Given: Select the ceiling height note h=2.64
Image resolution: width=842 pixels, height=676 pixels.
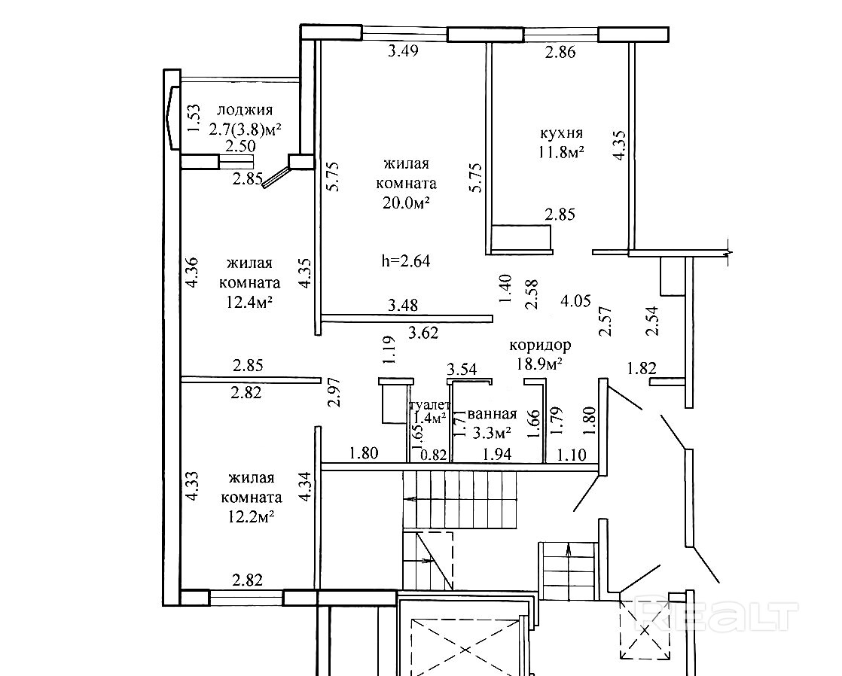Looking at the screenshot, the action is [x=406, y=260].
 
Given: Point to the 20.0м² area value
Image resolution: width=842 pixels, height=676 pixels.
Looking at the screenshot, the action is [x=406, y=202].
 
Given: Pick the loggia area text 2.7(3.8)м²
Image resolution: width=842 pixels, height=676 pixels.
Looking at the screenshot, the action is [x=244, y=129].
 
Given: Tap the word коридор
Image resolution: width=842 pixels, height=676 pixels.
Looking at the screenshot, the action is [x=540, y=345].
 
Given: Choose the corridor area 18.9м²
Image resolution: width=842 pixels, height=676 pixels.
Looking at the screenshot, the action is [x=540, y=363].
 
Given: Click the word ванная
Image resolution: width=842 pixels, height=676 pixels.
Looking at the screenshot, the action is [x=492, y=414].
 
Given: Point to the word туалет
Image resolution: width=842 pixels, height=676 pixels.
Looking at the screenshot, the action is [x=430, y=406].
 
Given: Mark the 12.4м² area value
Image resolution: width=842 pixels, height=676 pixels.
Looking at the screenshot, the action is [x=250, y=302].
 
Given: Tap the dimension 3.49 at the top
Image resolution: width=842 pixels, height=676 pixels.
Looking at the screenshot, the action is [x=403, y=52].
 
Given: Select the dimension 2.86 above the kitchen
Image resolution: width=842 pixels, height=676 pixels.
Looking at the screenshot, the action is [x=560, y=52].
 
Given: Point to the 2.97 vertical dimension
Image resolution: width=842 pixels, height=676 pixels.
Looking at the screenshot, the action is [x=336, y=392].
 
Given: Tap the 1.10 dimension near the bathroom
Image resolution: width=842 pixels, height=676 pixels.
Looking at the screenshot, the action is [x=572, y=454].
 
